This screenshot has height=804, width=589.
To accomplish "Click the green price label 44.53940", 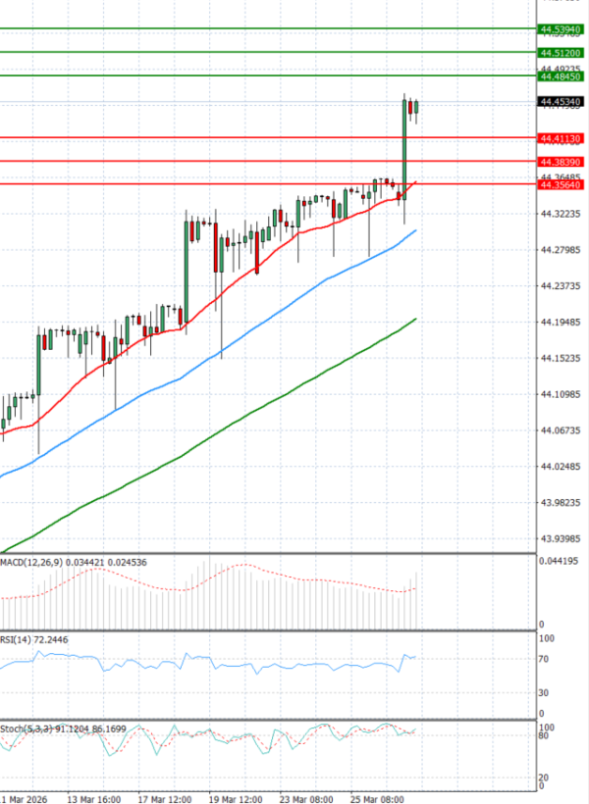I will point(561,30).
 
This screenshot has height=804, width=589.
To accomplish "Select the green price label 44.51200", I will point(561,52).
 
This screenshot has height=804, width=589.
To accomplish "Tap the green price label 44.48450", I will point(561,75).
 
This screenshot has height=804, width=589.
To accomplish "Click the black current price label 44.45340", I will point(561,101).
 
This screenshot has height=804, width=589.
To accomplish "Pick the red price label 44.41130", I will point(561,138).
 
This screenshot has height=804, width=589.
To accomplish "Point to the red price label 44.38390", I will point(561,161).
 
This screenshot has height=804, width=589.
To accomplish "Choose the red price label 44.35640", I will point(561,183).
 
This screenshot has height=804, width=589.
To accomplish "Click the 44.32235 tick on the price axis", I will point(560,214).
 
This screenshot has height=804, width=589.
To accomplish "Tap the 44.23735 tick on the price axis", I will point(560,286).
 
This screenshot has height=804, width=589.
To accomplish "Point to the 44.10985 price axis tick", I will point(560,394).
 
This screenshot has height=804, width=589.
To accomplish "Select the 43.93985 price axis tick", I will point(560,538).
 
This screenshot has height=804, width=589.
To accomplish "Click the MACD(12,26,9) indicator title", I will point(31,563).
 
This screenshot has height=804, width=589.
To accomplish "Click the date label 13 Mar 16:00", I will point(94,798).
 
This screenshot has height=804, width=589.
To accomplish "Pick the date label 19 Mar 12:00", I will point(237,798).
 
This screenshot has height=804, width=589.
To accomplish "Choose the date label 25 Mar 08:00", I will point(380,798).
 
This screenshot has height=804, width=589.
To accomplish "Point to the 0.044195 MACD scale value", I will point(558,561).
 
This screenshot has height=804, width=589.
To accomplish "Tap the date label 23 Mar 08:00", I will point(308,798).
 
